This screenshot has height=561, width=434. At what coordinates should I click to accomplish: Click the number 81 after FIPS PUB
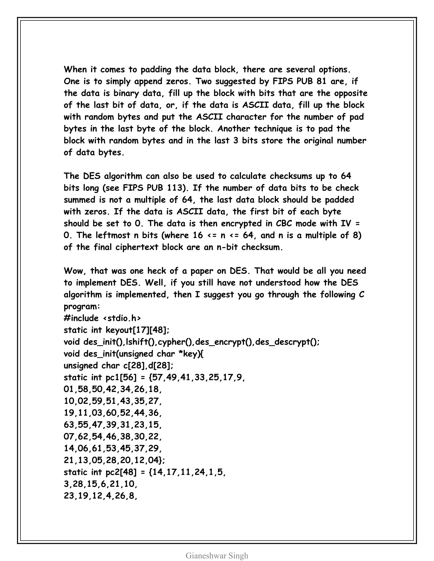pos(321,81)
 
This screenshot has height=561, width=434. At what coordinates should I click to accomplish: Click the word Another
pos(234,129)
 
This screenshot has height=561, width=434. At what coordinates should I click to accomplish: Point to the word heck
pos(156,271)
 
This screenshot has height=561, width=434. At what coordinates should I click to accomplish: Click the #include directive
pos(81,318)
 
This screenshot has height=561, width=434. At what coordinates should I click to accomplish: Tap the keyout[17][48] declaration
pos(137,330)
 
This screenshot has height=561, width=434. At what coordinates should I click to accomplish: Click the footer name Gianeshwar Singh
pos(217,556)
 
